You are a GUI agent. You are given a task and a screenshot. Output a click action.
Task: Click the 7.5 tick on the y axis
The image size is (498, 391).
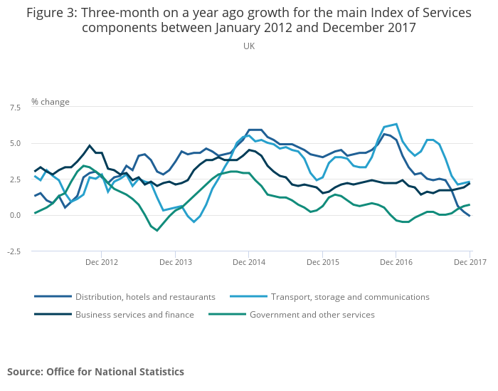(15, 107)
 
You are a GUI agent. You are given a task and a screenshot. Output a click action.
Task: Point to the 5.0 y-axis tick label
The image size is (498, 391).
(15, 143)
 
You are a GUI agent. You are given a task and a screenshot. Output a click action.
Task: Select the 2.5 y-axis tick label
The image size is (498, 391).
(15, 179)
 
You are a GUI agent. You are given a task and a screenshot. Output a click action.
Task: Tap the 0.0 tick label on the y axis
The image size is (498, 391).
(15, 215)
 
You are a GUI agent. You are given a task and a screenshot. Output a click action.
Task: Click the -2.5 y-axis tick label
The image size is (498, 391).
(13, 251)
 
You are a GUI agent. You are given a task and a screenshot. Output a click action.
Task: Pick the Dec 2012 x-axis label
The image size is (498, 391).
(101, 262)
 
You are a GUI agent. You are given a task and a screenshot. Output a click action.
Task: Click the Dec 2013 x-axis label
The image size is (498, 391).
(176, 262)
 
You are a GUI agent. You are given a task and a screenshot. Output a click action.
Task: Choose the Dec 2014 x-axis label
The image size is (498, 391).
(248, 262)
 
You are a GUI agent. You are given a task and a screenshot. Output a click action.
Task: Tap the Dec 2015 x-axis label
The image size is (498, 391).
(322, 262)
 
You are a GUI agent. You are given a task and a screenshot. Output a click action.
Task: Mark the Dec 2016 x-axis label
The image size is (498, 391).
(396, 262)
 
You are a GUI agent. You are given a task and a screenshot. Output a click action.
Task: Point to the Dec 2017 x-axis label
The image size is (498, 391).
(470, 262)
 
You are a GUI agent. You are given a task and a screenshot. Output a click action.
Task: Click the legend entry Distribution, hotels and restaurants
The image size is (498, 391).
(145, 296)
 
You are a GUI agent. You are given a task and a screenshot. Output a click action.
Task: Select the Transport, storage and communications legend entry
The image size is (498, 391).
(350, 296)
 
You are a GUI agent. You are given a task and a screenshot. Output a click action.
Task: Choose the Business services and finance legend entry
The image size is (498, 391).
(134, 314)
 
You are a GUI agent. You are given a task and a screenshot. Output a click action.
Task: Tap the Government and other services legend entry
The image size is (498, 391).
(312, 314)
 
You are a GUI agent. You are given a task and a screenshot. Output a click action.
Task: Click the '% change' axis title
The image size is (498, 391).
(51, 102)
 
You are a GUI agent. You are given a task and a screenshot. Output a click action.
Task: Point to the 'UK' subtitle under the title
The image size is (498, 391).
(248, 46)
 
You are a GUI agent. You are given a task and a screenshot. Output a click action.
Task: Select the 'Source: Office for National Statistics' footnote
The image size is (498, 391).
(95, 372)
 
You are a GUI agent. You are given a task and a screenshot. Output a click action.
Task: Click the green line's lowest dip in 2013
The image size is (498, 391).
(157, 231)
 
